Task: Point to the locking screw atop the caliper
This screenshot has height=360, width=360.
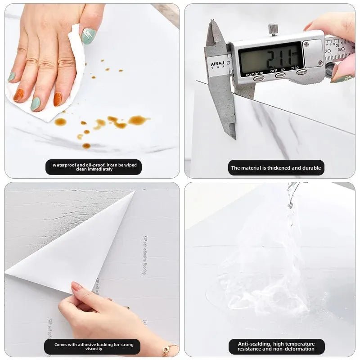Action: click(x=273, y=29)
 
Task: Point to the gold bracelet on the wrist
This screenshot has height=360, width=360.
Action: click(x=170, y=348)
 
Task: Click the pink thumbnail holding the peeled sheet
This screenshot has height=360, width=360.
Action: click(x=77, y=287)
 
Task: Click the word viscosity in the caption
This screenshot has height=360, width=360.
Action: click(x=94, y=349)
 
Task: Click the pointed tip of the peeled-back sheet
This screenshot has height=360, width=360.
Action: click(x=134, y=192)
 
